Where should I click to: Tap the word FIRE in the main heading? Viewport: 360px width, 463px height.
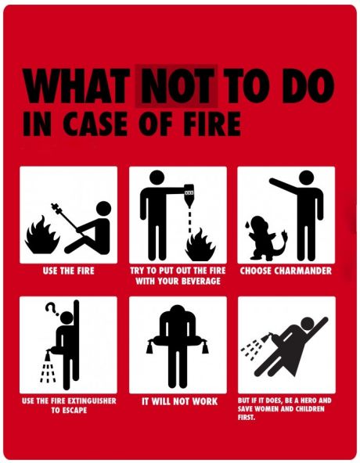coord(211,124)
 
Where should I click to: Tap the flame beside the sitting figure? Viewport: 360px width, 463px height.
coord(42,235)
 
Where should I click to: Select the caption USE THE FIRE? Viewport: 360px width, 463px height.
coord(69,271)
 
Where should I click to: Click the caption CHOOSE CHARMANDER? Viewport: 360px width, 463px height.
coord(286,271)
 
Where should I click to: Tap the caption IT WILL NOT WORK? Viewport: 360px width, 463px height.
coord(179,401)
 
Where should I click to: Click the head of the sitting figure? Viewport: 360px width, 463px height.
coord(104,209)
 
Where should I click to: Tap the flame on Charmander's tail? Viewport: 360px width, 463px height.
coord(285,234)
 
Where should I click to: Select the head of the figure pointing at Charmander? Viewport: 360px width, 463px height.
coord(307,178)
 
